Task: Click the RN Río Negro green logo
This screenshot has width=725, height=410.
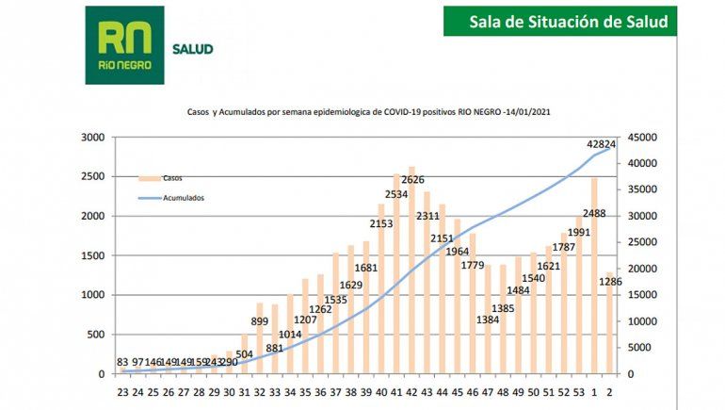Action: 124,45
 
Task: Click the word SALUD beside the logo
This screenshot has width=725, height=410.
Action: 193,49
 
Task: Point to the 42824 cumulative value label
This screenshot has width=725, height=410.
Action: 607,144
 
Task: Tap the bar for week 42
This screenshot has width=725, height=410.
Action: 411,273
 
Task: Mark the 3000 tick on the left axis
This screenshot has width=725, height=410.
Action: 91,137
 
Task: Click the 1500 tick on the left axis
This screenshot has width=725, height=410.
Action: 91,255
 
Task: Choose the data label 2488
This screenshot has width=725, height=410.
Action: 594,214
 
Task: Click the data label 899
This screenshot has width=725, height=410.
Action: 260,321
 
